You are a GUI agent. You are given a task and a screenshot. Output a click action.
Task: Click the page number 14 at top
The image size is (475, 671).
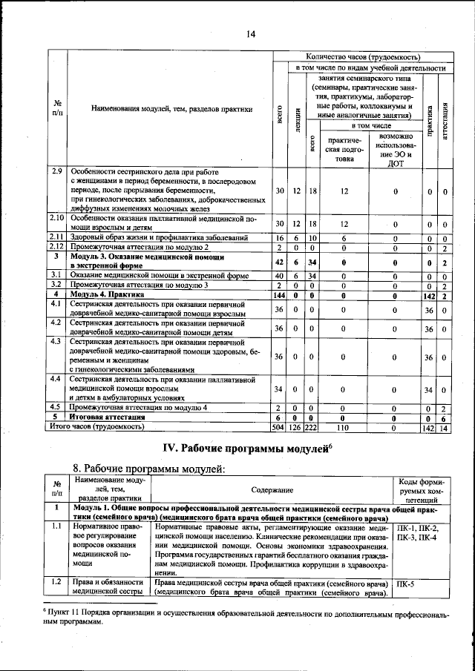pos(251,33)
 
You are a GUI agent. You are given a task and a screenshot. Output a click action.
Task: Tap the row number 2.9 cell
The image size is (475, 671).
pos(57,171)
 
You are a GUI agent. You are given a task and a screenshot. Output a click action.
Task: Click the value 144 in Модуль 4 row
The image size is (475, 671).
pos(279,294)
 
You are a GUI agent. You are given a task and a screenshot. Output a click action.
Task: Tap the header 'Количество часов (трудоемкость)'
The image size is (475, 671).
pos(363,56)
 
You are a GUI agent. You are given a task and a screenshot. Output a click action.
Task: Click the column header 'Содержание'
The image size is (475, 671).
pos(272,490)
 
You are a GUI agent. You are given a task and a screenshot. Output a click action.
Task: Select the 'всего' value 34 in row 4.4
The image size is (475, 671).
pos(279,389)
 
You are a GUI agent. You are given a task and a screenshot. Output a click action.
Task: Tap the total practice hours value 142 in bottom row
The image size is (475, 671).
pos(428,427)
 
